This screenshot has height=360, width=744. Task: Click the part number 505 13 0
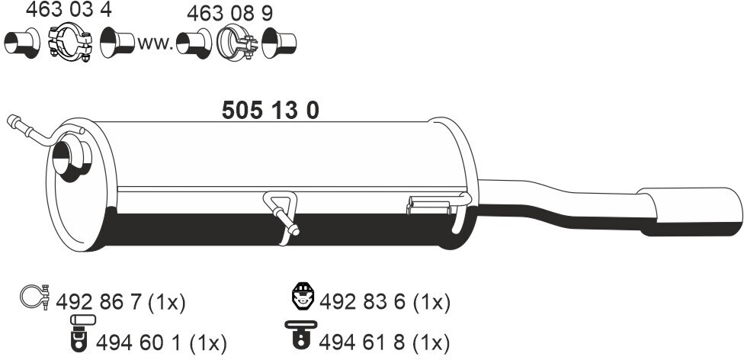[x=270, y=111]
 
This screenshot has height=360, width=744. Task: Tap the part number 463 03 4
[x=69, y=9]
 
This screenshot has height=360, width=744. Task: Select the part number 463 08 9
[x=229, y=14]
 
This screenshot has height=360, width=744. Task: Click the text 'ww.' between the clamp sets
[x=155, y=43]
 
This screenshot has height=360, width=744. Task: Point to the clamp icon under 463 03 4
[x=70, y=42]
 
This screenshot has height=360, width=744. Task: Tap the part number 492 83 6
[x=363, y=302]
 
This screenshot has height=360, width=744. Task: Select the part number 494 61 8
[x=363, y=343]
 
